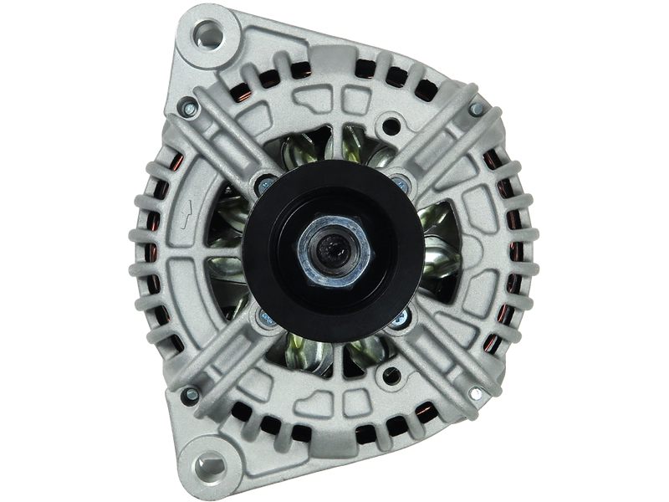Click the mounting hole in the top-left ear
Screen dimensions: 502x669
tap(207, 36)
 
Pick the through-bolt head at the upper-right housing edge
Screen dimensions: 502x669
tap(476, 110)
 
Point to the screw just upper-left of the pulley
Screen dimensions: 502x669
tap(266, 180)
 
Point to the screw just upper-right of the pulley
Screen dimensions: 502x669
tap(400, 178)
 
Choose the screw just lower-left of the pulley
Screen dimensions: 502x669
tap(265, 315)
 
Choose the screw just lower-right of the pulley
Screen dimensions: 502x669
tap(400, 315)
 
